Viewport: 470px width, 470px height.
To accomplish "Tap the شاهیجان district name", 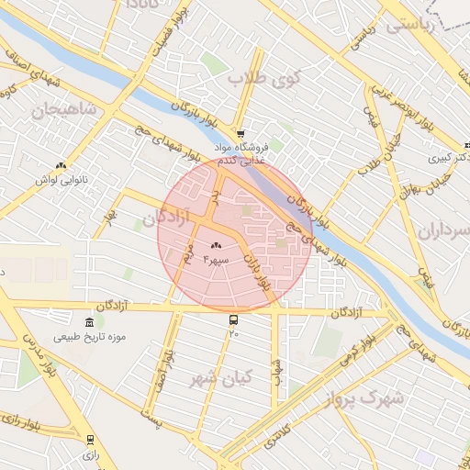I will (x=63, y=111).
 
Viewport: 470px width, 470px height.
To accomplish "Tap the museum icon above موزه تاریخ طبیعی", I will (x=89, y=322).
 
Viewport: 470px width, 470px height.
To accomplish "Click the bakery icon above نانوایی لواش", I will (x=61, y=165).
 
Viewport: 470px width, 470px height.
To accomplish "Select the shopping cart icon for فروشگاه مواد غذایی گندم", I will (x=241, y=133).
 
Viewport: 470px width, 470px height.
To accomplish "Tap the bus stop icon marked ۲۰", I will (x=233, y=320).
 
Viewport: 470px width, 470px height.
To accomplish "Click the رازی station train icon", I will (x=90, y=440).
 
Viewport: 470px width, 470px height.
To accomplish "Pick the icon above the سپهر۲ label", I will (x=217, y=245).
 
